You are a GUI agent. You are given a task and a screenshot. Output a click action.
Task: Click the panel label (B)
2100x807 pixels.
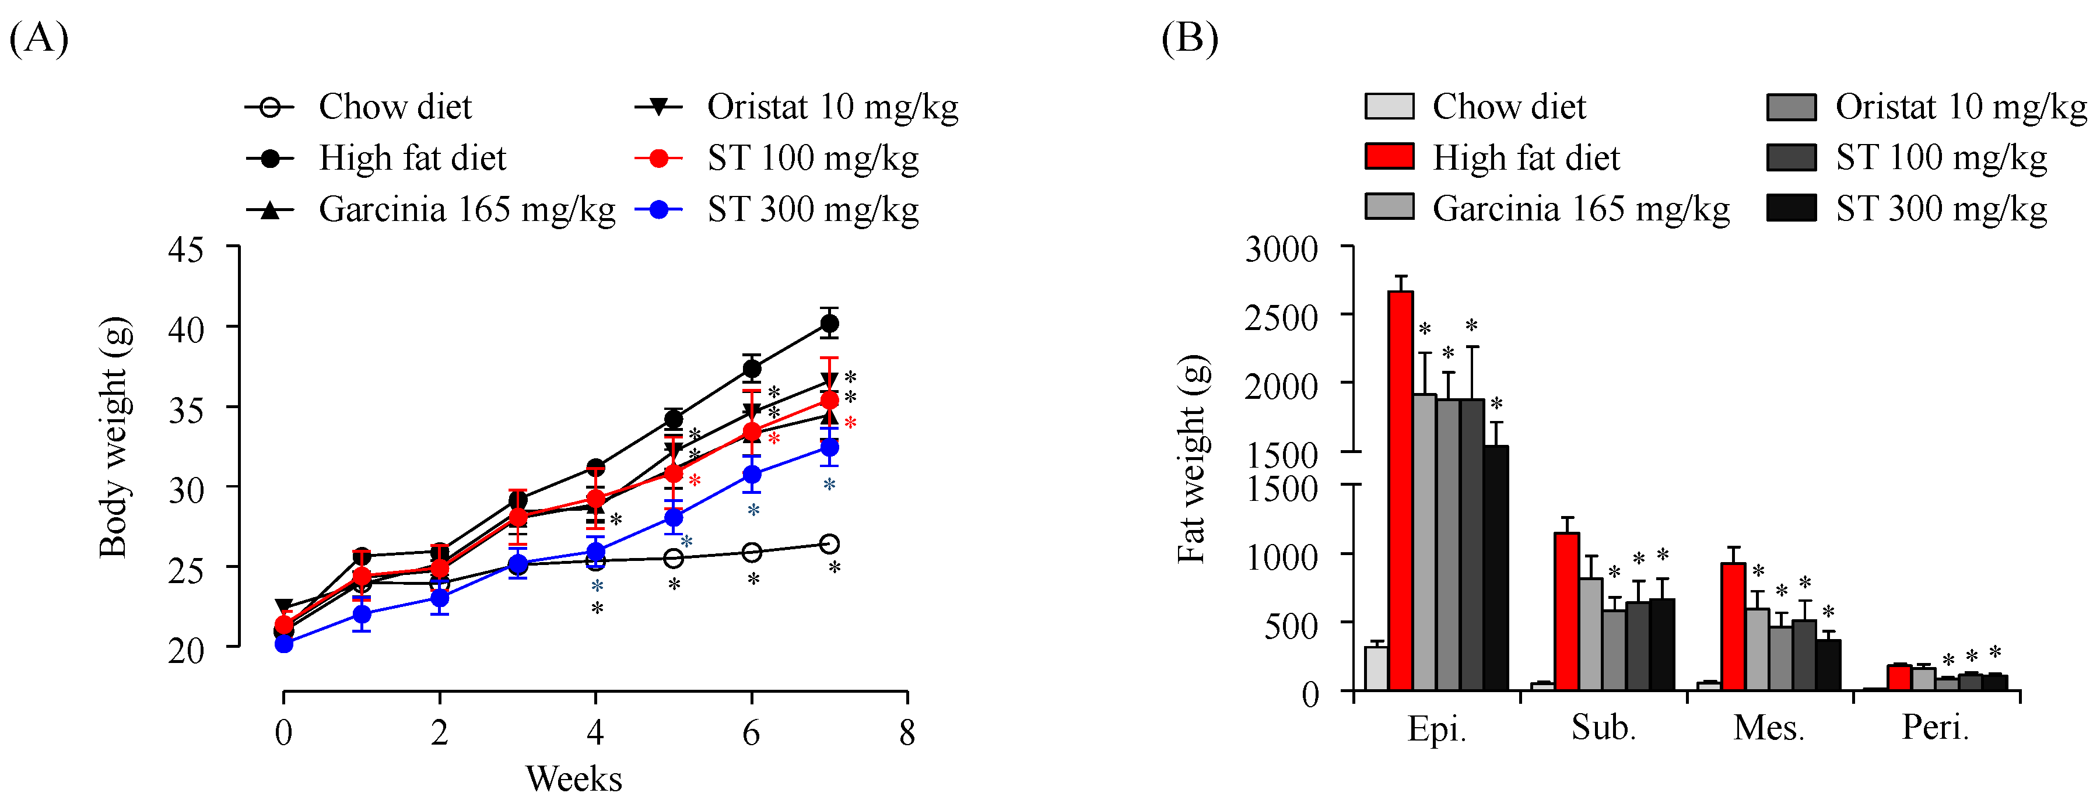[1190, 38]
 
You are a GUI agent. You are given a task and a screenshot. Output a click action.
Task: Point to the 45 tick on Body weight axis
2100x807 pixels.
[186, 248]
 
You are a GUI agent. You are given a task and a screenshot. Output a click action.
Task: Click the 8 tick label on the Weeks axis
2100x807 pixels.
[906, 733]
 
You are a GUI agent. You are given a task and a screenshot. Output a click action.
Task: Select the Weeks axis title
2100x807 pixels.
[573, 778]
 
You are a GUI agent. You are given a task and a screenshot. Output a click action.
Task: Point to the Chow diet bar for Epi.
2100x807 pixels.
[1377, 668]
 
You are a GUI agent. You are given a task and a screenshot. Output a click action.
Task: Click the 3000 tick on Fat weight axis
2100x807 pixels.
[1281, 248]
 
